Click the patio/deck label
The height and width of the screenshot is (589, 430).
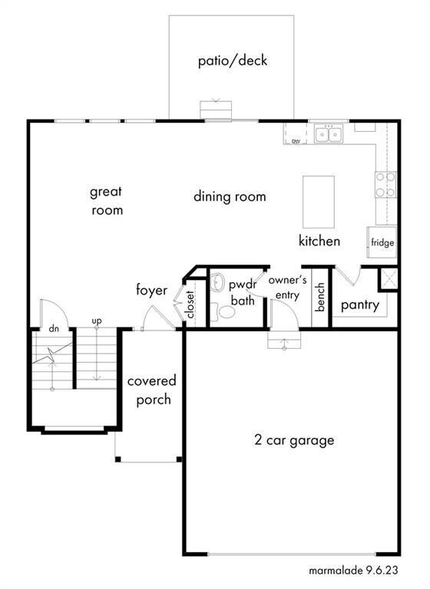tap(233, 61)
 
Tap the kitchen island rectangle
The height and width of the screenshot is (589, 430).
tap(319, 202)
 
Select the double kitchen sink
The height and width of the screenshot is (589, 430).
tap(329, 134)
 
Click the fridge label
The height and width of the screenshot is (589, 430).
tap(382, 242)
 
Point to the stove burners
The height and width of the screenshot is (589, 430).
tap(385, 184)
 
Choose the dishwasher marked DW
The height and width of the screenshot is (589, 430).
tap(296, 134)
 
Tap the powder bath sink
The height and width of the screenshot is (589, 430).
tap(217, 282)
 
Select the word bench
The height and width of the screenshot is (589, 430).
tap(320, 297)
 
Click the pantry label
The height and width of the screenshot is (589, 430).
tap(359, 304)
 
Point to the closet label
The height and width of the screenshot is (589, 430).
tap(190, 304)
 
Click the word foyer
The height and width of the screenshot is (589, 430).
tap(151, 290)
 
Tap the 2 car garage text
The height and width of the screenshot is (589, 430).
tap(294, 440)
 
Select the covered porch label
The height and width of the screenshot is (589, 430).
tap(152, 390)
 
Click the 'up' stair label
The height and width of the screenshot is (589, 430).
tap(97, 321)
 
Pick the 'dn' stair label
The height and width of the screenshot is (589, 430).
tap(54, 329)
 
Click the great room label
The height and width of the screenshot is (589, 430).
tap(107, 201)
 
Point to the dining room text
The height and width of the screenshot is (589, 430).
tap(230, 196)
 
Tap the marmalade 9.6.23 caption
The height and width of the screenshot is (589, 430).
tap(353, 571)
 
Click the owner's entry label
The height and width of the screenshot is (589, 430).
tap(287, 288)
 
